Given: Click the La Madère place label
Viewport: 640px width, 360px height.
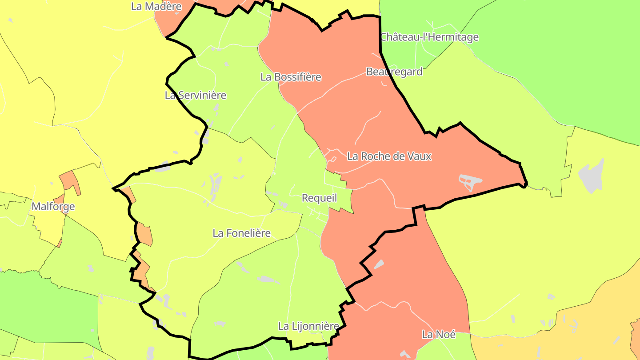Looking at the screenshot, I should tap(156, 6).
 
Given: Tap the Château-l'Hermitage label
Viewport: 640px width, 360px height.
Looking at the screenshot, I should tap(429, 37).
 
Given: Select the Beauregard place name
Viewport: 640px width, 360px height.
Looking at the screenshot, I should tap(394, 72).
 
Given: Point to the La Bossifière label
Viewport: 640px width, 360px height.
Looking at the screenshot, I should tap(291, 77).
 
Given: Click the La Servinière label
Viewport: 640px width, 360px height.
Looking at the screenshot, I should tap(196, 95).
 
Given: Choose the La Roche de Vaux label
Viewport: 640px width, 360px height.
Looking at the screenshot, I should tap(389, 156).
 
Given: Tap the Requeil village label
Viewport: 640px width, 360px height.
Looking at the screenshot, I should tap(319, 198).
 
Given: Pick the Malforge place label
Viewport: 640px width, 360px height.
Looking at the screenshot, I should tap(53, 207).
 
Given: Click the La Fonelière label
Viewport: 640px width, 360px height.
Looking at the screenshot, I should tap(241, 233).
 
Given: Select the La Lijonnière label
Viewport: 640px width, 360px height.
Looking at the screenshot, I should tap(308, 326).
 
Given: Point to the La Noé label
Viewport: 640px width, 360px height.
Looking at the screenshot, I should tap(439, 334).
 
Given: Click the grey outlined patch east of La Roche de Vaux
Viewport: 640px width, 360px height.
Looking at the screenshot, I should tap(470, 181).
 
